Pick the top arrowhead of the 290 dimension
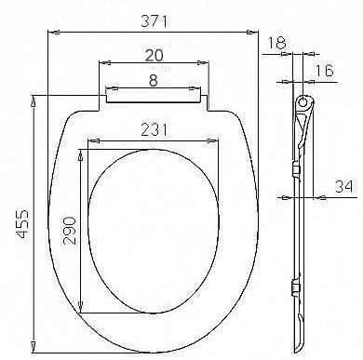84,148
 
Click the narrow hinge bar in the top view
153,94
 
